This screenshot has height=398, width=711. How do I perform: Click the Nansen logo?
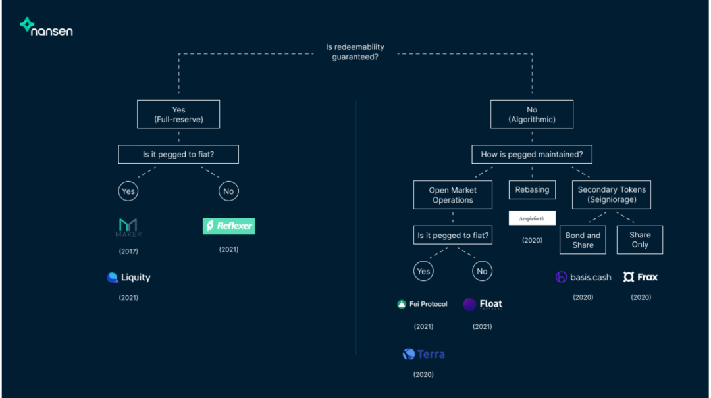[x=46, y=27]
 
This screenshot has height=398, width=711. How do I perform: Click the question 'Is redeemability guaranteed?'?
[x=355, y=52]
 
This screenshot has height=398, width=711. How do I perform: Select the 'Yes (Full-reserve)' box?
[x=178, y=114]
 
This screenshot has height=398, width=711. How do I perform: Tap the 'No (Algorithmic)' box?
[x=532, y=114]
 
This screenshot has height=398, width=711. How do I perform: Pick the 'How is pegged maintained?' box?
[x=532, y=154]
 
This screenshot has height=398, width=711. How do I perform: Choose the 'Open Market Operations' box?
[x=452, y=195]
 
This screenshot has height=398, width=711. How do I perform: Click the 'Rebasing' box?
[x=532, y=190]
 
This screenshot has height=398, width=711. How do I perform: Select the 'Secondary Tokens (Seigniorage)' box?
[x=611, y=195]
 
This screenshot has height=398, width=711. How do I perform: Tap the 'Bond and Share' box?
[x=583, y=240]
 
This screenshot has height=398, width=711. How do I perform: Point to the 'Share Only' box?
[x=640, y=240]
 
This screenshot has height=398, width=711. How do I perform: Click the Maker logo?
[x=128, y=228]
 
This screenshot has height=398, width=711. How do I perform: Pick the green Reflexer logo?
[x=228, y=226]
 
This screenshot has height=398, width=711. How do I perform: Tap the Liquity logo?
[x=128, y=277]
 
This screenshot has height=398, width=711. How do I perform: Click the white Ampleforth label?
[x=532, y=218]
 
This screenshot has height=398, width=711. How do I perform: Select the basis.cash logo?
[x=583, y=277]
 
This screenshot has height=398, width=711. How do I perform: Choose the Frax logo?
[x=641, y=276]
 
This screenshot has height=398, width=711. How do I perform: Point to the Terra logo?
[x=423, y=353]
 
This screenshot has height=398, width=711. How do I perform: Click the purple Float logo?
[x=483, y=304]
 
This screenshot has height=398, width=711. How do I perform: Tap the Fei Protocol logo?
[x=422, y=304]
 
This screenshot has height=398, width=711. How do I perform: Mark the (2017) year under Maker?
[x=128, y=251]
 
